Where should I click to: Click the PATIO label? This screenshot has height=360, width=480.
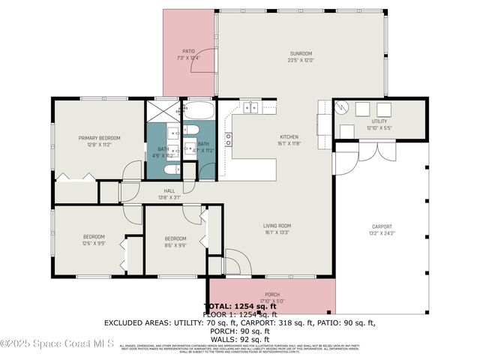(188, 51)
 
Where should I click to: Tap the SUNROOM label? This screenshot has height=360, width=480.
(301, 53)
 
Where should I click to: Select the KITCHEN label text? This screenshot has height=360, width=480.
(289, 137)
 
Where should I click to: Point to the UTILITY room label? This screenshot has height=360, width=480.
(379, 121)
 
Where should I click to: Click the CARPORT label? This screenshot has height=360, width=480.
(382, 226)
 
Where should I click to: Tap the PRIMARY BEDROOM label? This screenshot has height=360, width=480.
(100, 138)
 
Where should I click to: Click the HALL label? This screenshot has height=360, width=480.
(169, 190)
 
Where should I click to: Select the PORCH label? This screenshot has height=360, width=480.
(272, 294)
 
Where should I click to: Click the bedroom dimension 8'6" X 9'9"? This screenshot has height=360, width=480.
(175, 244)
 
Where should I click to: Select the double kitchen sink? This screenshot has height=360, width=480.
(250, 108)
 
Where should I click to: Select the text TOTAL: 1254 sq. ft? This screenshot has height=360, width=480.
(240, 307)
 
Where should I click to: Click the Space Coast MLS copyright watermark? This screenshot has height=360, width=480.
(57, 344)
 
